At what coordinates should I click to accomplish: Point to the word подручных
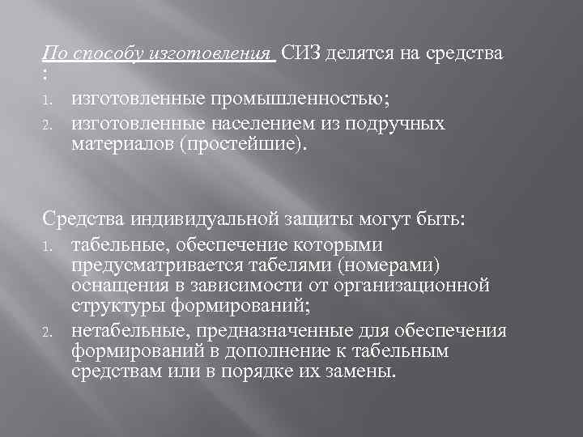tap(400, 123)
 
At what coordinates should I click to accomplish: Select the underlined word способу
tap(106, 54)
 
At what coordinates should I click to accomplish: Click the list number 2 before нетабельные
tap(48, 331)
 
